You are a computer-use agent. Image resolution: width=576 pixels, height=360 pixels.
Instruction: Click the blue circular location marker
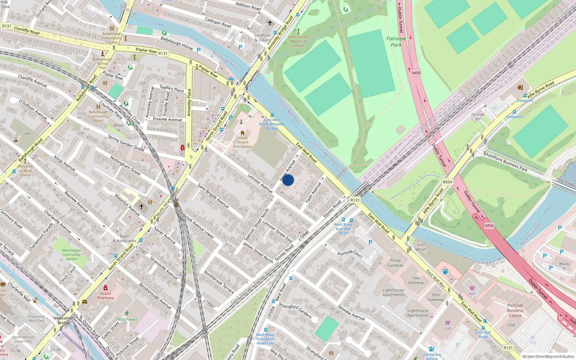[288, 180]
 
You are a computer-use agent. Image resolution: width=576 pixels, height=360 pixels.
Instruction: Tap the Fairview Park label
[396, 42]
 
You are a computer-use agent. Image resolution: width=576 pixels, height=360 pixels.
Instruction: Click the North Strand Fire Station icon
[243, 132]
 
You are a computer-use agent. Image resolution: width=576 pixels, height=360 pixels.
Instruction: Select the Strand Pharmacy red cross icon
[105, 288]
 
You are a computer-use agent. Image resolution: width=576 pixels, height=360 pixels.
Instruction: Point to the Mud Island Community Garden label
[71, 255]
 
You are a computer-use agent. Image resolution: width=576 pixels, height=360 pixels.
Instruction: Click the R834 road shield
[447, 182]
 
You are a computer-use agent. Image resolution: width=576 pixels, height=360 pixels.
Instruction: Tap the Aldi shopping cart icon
[472, 288]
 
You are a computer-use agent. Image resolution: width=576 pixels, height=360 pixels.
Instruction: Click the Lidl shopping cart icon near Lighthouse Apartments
[447, 323]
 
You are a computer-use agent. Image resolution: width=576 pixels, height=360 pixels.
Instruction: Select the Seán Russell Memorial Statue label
[298, 41]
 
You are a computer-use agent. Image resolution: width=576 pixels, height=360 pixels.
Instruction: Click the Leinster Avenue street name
[260, 183]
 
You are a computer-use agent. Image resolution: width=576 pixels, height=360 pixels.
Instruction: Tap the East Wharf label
[421, 247]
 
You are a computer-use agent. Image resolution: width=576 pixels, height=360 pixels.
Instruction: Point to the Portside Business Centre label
[515, 310]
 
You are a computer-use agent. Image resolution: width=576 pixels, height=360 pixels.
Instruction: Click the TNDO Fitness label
[126, 319]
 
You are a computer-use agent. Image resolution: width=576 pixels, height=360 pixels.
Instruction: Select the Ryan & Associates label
[124, 239]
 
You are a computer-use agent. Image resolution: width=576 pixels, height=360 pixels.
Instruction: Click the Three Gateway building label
[395, 263]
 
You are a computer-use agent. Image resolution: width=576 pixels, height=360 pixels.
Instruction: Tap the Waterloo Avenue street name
[127, 204]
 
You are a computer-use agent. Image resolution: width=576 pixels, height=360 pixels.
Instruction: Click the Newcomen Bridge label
[64, 320]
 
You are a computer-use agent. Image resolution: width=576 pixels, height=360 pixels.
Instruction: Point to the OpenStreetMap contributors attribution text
[549, 356]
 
